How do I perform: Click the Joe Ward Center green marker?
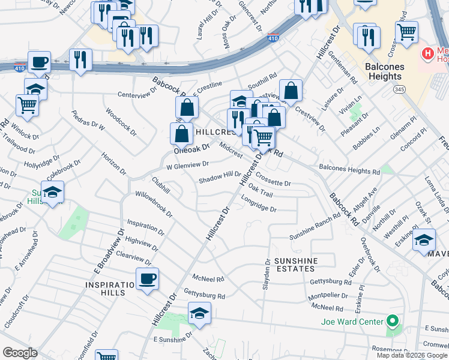tap(393, 322)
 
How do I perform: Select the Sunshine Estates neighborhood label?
tap(295, 266)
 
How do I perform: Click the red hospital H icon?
tap(428, 54)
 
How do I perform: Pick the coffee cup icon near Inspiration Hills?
tap(147, 278)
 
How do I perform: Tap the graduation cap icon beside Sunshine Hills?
tap(52, 192)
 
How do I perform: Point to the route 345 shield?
tap(399, 89)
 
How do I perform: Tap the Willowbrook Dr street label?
tap(154, 205)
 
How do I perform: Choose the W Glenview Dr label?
tap(187, 164)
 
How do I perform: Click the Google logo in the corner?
tap(20, 353)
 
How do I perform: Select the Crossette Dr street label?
tap(273, 179)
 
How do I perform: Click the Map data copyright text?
tap(412, 355)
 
